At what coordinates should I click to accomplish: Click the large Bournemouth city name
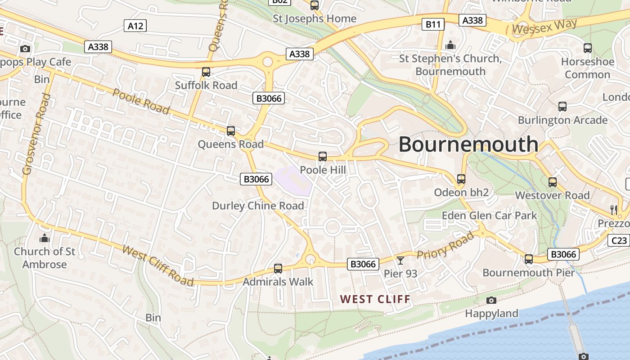coord(468,144)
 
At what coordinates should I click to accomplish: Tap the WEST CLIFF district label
coord(375,299)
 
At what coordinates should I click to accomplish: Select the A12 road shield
coord(135,26)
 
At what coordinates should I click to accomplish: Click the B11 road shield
coord(432,24)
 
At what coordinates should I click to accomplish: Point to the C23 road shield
coord(619,240)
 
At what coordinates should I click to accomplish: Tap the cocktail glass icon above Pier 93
coord(400,260)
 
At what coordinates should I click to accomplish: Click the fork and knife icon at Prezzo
coord(613,209)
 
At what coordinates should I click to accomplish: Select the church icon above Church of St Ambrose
coord(45,238)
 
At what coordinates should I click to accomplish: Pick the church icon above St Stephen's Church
coord(450,45)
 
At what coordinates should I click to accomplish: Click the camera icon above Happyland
coord(491,300)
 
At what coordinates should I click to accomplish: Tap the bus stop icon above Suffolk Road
coord(206,72)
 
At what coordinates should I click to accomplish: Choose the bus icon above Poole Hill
coord(323,157)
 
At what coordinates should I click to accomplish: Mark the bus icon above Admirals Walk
coord(278,269)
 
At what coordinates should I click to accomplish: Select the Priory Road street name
coord(445,246)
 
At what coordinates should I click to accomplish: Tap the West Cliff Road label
coord(157,265)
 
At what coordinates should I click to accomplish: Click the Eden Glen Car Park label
coord(489,215)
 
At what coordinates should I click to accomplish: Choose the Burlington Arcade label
coord(562,120)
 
